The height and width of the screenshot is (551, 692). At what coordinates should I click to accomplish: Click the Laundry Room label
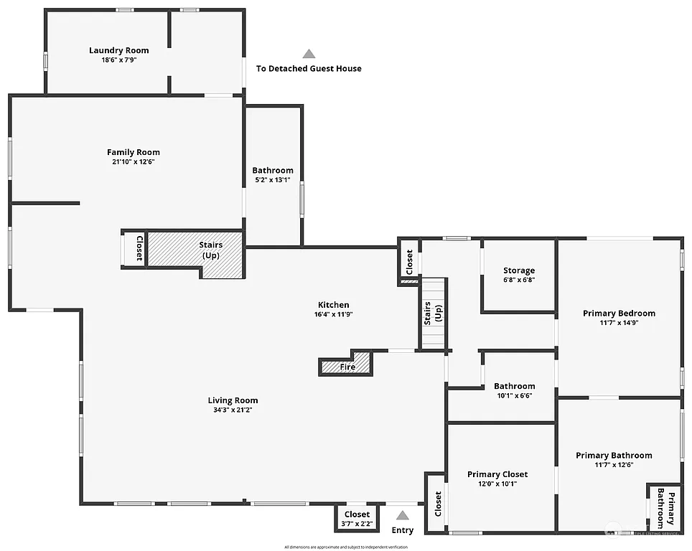[119, 50]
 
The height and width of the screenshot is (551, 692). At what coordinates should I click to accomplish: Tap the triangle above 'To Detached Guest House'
[309, 54]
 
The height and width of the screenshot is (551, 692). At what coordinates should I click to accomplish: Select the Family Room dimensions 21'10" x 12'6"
[134, 162]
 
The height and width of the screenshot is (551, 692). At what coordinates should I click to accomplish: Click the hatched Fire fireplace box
[347, 367]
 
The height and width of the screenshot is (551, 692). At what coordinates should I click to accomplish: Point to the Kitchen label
[334, 305]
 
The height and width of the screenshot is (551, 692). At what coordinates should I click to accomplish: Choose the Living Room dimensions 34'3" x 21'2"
[233, 410]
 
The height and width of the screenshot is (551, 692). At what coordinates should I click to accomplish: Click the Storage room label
[518, 270]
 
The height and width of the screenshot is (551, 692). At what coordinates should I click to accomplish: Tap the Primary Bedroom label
[619, 313]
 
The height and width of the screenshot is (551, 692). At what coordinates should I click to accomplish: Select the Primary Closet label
[497, 474]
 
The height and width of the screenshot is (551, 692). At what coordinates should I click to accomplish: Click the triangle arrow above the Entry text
[403, 514]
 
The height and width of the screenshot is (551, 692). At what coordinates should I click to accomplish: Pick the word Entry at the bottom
[403, 530]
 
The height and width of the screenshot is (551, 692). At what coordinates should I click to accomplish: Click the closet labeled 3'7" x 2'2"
[357, 519]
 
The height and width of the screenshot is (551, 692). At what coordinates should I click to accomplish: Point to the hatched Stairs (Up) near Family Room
[210, 250]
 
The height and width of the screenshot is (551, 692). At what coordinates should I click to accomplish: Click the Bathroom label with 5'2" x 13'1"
[273, 175]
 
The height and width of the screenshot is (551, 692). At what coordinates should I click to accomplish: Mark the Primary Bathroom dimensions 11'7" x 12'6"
[614, 465]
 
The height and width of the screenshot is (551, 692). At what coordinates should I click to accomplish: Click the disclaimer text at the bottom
[346, 547]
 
